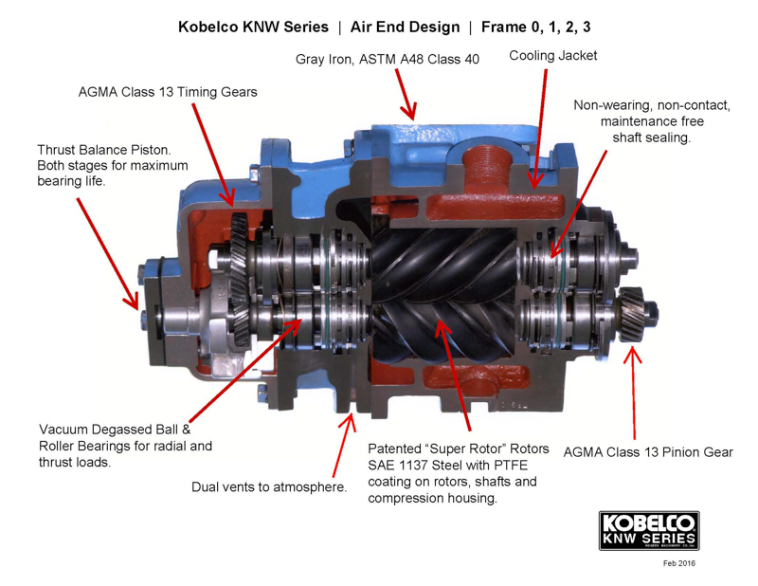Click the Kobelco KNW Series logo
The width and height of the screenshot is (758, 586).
tap(649, 530)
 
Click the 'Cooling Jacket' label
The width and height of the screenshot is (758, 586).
tap(553, 56)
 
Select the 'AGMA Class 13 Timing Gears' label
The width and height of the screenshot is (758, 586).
tap(168, 92)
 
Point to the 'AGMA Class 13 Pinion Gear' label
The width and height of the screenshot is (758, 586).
tap(648, 451)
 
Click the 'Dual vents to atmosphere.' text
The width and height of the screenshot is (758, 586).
tap(268, 487)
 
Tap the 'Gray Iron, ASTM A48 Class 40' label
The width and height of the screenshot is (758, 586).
tap(388, 59)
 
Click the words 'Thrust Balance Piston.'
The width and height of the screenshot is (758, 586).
tap(103, 150)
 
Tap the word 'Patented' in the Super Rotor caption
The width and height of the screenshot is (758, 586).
tap(398, 447)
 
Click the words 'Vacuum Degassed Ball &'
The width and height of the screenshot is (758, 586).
tap(114, 428)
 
